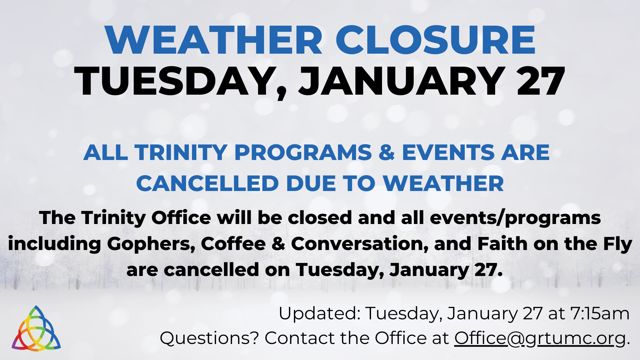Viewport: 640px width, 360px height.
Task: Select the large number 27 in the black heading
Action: [541, 81]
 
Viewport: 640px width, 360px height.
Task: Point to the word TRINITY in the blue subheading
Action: [181, 153]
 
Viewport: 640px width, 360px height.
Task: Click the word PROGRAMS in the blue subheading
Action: [303, 153]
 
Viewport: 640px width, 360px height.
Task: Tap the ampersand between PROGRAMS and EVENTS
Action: [387, 153]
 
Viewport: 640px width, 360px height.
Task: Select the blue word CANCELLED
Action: [207, 183]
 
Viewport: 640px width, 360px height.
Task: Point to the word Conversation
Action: [359, 244]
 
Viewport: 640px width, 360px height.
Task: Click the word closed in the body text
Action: [320, 218]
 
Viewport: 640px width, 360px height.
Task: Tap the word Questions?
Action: [209, 338]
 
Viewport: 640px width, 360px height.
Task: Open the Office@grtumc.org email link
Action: [540, 339]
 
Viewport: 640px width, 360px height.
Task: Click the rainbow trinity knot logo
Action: [36, 328]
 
